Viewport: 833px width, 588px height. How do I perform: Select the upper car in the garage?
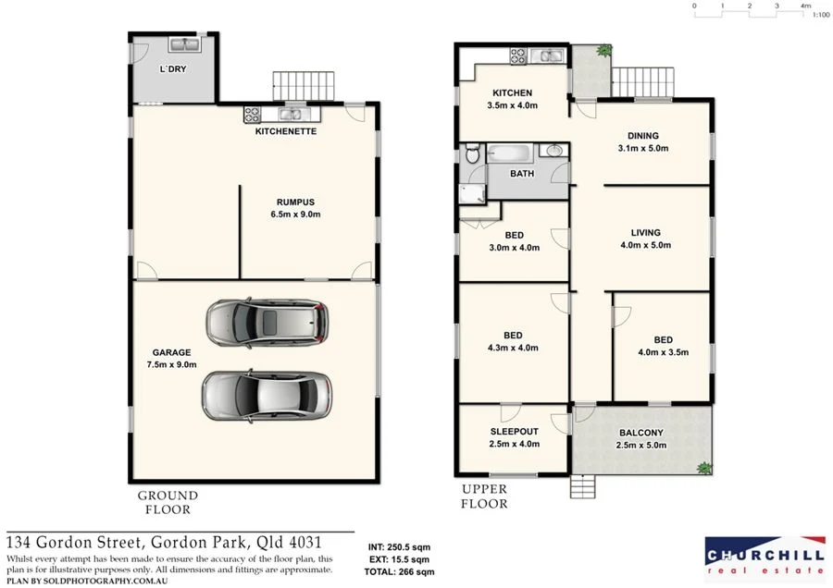click(x=267, y=323)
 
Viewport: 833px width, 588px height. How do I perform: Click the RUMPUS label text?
click(x=295, y=202)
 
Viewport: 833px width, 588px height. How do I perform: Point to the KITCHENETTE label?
click(x=286, y=132)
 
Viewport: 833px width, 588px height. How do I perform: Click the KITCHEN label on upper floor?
click(x=512, y=93)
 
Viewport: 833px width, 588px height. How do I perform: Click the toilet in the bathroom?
click(x=471, y=155)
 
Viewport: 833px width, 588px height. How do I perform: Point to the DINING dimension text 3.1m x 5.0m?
click(x=643, y=148)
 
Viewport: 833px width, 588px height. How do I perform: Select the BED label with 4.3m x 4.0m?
click(x=513, y=336)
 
